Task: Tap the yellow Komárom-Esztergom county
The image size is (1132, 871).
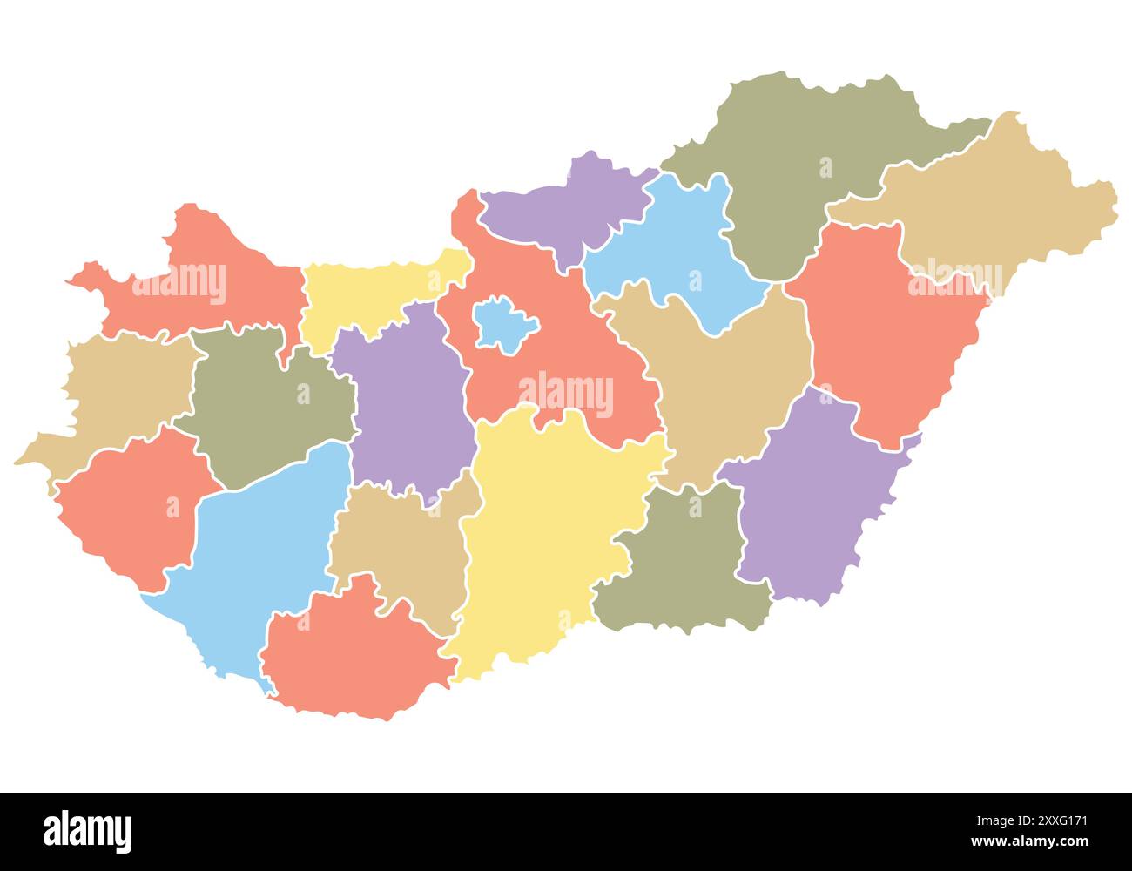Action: click(366, 296)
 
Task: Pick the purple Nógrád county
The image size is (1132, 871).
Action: click(566, 209)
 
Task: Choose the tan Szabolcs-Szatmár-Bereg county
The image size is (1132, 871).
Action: click(984, 209)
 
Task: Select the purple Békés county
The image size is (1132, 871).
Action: click(810, 496)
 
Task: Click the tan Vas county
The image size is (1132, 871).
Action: click(113, 392)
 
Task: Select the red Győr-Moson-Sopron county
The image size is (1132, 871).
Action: click(218, 279)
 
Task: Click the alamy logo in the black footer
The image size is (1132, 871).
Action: click(87, 832)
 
